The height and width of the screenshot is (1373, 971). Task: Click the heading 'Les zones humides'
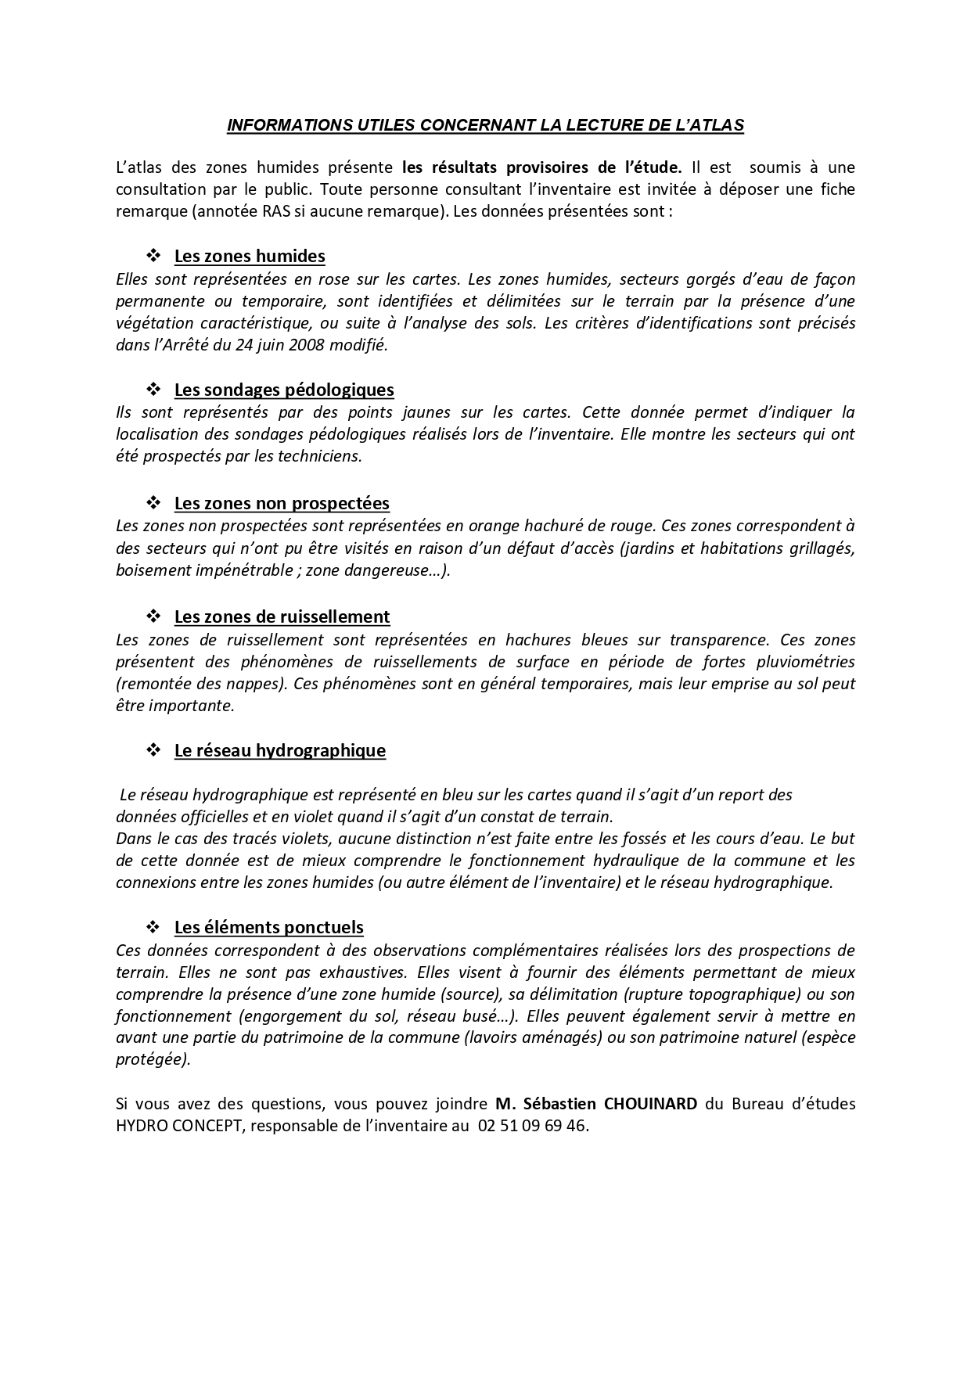250,257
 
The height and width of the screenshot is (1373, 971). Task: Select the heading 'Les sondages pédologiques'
284,390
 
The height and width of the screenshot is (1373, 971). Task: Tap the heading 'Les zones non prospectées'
282,503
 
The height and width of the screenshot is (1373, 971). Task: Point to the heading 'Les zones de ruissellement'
282,616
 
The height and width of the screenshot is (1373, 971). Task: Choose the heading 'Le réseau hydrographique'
280,750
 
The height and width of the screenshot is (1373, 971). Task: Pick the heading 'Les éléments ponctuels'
269,928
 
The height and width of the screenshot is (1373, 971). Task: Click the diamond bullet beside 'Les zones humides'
153,256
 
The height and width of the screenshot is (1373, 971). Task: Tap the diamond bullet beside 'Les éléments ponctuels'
153,927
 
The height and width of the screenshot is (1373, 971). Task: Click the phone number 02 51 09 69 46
531,1126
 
